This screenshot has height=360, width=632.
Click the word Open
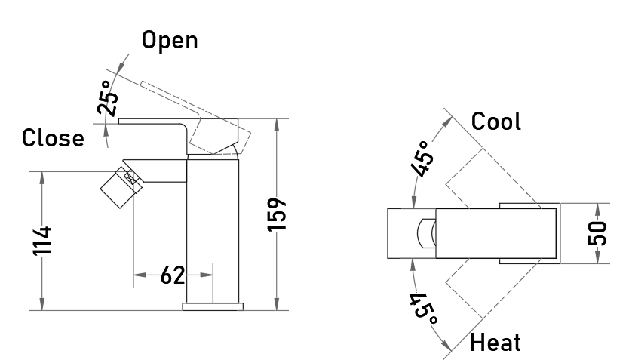(x=170, y=41)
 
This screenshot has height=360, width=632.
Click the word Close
(x=53, y=138)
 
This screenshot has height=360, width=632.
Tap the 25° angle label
(x=108, y=97)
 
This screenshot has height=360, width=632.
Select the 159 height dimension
(x=277, y=214)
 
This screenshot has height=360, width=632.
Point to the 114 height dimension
(x=42, y=241)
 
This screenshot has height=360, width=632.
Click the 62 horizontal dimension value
(x=173, y=275)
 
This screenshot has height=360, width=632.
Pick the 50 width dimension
(x=597, y=233)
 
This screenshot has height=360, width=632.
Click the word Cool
(x=495, y=122)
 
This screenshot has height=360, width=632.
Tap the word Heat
(x=495, y=343)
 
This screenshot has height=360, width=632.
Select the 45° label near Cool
(x=424, y=158)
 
